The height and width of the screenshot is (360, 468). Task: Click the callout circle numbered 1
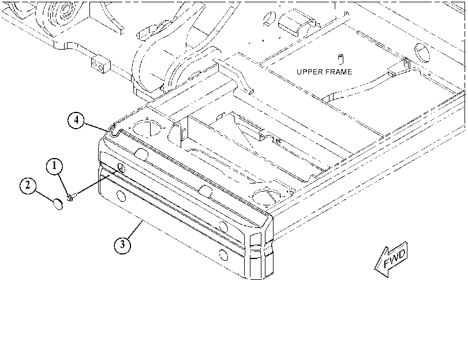click(54, 167)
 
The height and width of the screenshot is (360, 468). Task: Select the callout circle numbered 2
click(28, 186)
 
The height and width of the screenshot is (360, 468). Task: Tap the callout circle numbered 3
click(122, 245)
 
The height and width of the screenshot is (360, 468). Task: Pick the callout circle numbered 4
click(76, 121)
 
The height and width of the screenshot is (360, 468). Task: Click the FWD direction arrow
click(391, 259)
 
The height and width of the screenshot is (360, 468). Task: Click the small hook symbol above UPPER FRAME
click(341, 59)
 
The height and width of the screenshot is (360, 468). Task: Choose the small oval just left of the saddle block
click(270, 18)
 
